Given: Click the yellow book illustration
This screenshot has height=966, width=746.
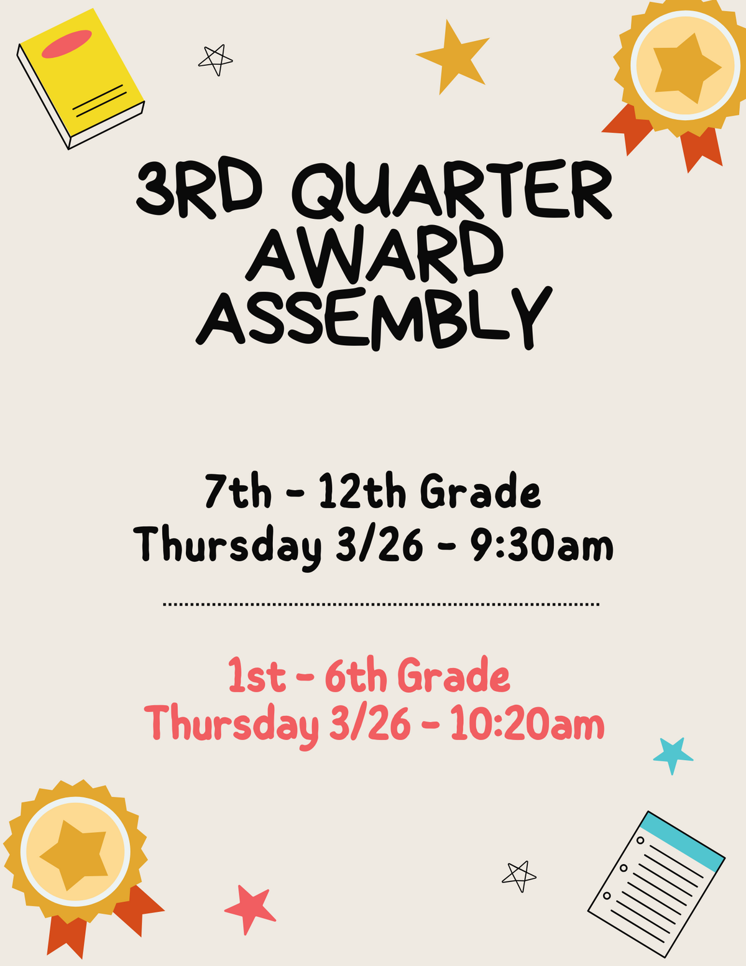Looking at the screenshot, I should click(81, 78).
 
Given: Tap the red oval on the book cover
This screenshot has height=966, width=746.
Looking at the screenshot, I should click(67, 44).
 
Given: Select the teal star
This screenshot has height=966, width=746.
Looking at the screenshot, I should click(673, 754).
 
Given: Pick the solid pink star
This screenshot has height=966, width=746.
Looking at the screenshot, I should click(250, 909).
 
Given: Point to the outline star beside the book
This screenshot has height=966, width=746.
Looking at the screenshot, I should click(215, 60).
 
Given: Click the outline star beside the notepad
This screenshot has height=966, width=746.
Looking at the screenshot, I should click(519, 875).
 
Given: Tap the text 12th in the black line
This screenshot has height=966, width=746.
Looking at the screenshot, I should click(362, 491).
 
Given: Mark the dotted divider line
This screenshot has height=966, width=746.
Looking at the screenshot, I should click(380, 604).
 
